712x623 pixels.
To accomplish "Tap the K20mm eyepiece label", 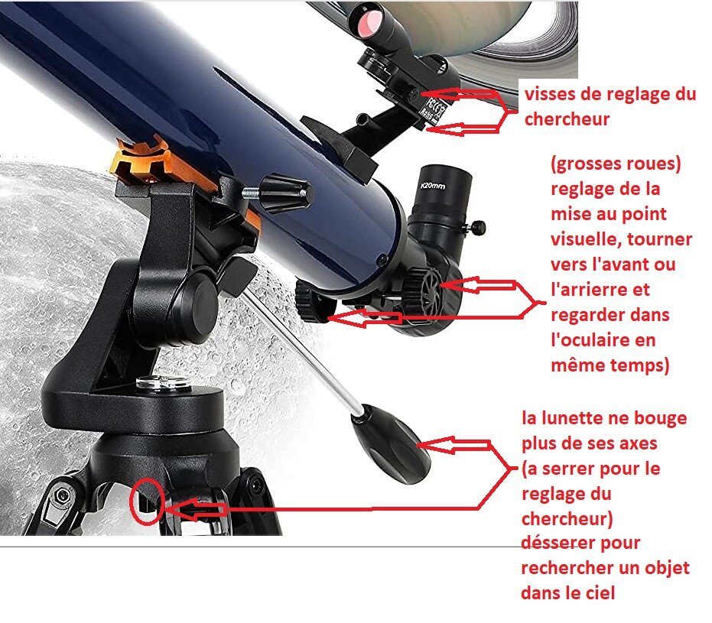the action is tap(433, 186).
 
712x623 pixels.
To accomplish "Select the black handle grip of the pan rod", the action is tap(390, 444).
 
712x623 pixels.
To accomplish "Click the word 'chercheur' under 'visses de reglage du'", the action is tap(567, 119).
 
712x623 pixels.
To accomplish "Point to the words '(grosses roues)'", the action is tap(616, 164).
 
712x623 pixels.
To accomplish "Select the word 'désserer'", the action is tap(580, 543).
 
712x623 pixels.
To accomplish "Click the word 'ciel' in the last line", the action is tap(600, 592).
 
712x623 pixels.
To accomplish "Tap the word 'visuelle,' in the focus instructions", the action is tap(585, 239).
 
